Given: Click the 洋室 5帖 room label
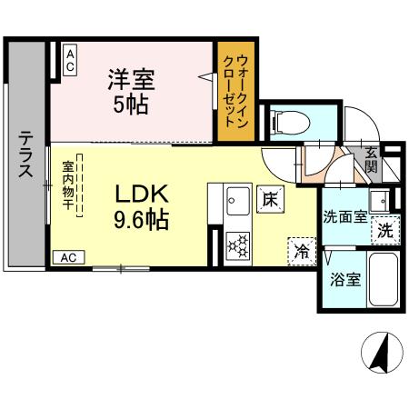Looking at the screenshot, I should (135, 91).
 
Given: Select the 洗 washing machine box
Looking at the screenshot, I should (385, 230).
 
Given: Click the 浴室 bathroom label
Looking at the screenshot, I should (346, 279).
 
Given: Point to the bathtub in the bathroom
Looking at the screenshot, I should (384, 281).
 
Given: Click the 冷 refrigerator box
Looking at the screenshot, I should (299, 250).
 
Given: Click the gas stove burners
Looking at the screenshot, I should (238, 244).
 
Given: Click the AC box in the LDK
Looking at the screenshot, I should (69, 257).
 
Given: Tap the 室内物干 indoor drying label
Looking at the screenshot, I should (68, 186).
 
